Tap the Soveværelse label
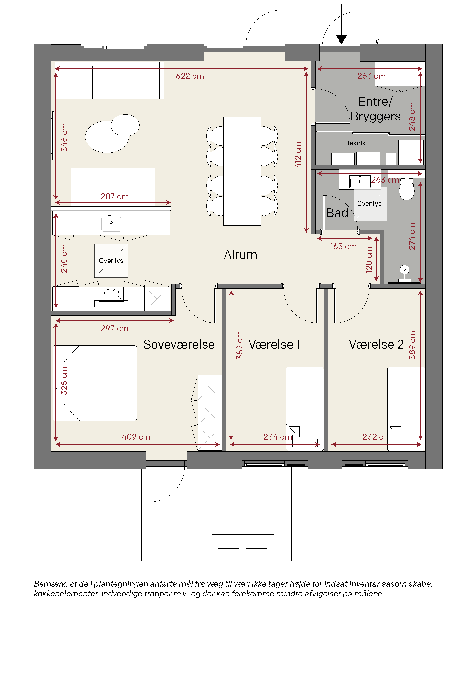[179, 345]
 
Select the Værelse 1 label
[274, 345]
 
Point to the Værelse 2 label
[376, 345]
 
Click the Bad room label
[337, 213]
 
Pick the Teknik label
[356, 143]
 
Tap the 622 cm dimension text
[190, 76]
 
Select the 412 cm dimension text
[298, 154]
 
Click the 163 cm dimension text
[343, 246]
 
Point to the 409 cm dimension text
[136, 437]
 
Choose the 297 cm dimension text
[114, 328]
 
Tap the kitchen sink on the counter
[111, 223]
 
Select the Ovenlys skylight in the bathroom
[370, 204]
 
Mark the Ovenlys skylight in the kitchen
[111, 261]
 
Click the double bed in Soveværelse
[95, 383]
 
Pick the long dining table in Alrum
[242, 171]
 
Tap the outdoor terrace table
[243, 517]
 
